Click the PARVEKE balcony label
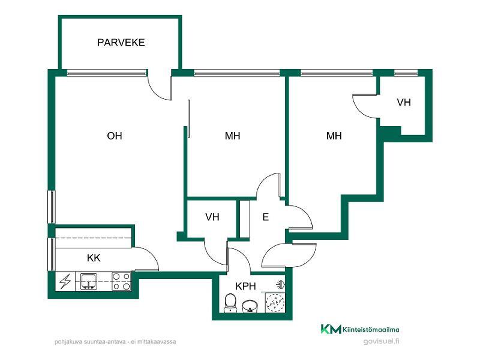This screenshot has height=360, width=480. (x=121, y=42)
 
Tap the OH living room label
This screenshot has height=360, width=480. (x=115, y=136)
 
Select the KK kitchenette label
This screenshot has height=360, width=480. (x=94, y=258)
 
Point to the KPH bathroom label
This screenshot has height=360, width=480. (x=245, y=286)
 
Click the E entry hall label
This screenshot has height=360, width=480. (x=265, y=217)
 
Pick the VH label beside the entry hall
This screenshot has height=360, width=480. (x=212, y=217)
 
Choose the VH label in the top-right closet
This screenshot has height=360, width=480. (x=404, y=102)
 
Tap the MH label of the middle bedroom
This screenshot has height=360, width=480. (x=232, y=136)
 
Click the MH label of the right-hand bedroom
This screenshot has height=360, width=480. (x=334, y=136)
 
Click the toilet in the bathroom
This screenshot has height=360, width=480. (x=230, y=303)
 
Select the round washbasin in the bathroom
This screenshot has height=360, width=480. (x=250, y=307)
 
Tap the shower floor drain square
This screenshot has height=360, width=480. (x=275, y=303)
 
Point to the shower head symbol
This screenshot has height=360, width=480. (x=280, y=285)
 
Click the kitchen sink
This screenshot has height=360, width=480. (x=88, y=281)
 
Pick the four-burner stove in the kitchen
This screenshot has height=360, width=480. (x=121, y=281)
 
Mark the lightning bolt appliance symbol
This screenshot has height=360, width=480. (x=65, y=281)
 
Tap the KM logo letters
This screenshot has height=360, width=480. (x=331, y=329)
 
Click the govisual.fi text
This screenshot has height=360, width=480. (x=381, y=341)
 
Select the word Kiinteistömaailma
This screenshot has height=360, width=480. (x=371, y=329)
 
